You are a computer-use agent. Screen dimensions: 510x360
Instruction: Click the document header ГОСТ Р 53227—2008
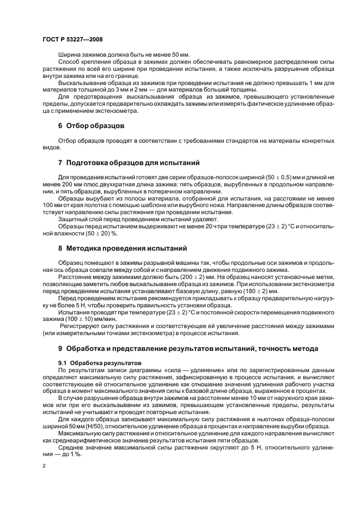coord(72,40)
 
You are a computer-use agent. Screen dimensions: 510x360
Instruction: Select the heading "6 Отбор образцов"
coord(91,125)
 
